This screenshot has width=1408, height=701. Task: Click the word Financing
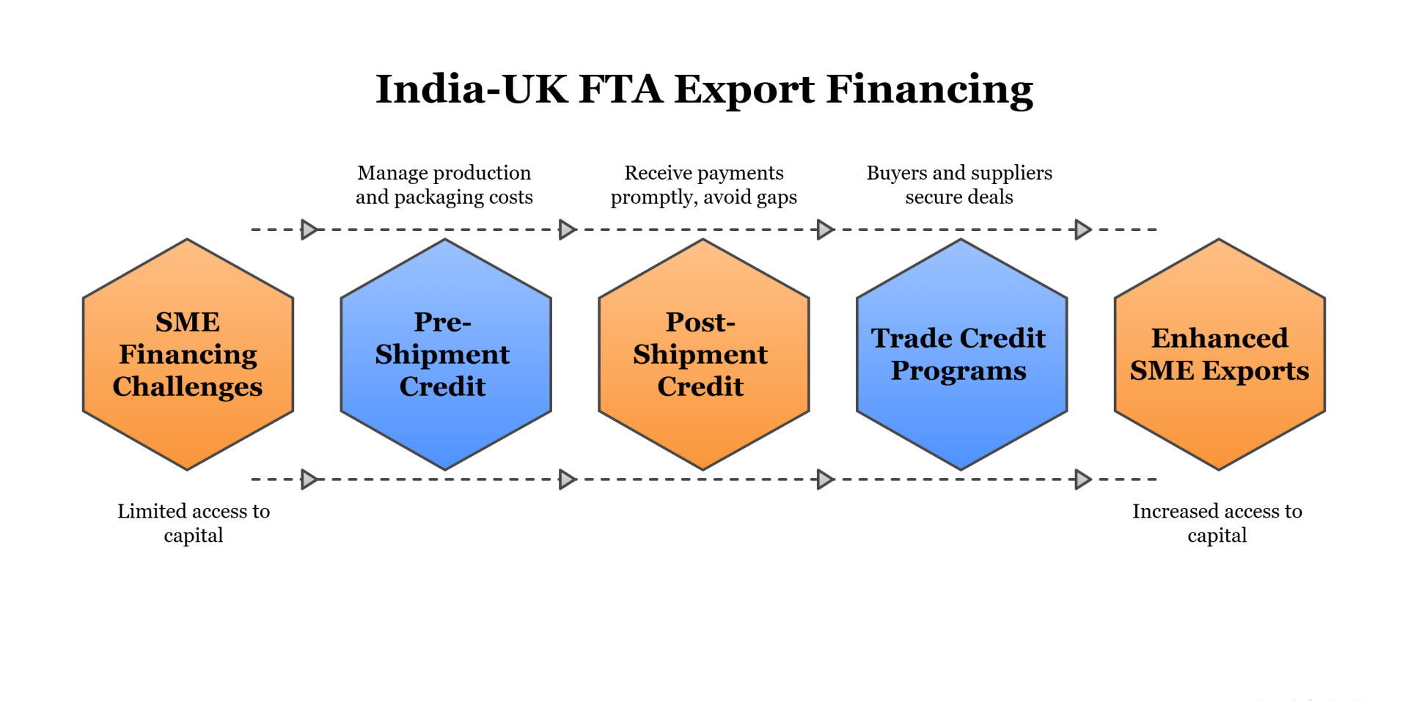coord(188,355)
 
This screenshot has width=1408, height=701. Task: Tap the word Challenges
coord(188,386)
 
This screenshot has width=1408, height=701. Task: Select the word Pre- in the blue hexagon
coord(442,322)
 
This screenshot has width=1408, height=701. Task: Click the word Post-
coord(700,322)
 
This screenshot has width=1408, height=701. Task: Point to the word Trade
coord(912,338)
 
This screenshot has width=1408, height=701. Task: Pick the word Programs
coord(958,371)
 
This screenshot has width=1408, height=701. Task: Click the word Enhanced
coord(1220,338)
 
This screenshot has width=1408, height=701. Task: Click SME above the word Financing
coord(188,322)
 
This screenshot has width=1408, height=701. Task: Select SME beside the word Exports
coord(1162,371)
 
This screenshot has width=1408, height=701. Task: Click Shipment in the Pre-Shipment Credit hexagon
coord(442,355)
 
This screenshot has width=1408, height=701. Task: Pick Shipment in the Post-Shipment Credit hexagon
coord(700,355)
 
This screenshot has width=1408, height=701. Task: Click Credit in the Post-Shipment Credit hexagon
coord(700,386)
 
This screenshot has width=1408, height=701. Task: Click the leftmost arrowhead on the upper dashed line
coord(309,230)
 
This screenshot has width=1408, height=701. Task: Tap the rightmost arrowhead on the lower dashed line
coord(1083,480)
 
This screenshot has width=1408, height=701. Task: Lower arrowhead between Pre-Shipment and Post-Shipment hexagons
coord(567,480)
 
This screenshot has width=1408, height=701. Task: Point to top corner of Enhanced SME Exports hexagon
coord(1220,240)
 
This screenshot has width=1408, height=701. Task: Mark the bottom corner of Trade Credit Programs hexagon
coord(961,469)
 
